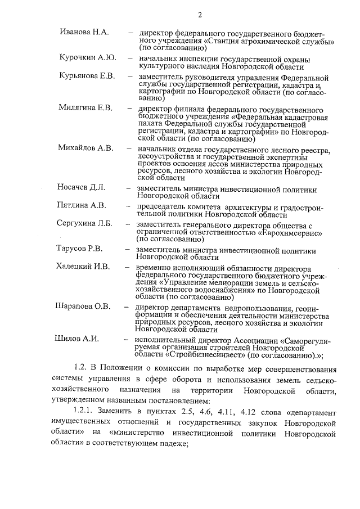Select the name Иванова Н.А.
(x=84, y=32)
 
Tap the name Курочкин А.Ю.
(x=87, y=58)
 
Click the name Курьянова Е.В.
(x=87, y=76)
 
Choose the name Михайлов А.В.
(x=85, y=148)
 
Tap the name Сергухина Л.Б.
(x=84, y=223)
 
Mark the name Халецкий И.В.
(x=83, y=267)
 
